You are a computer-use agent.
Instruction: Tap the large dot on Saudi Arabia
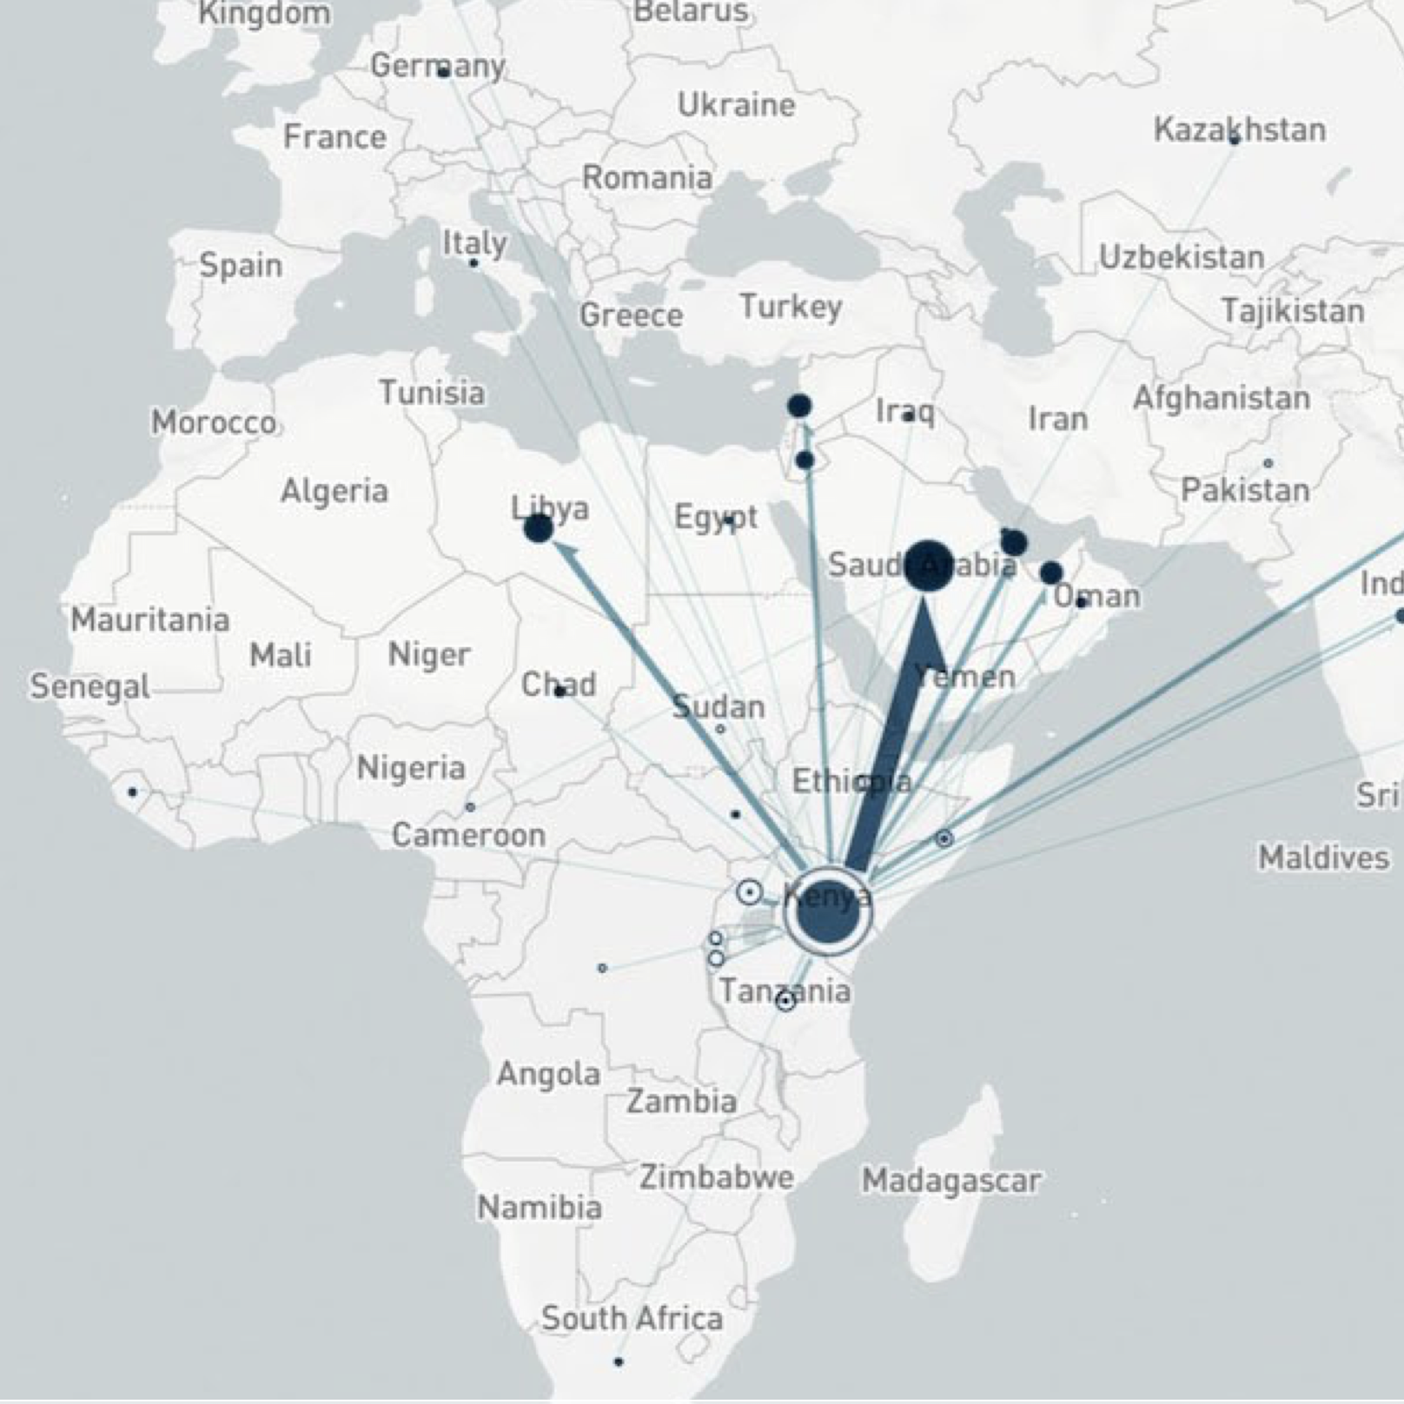928,566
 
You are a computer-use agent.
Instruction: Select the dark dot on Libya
539,527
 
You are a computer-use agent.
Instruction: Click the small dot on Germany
443,73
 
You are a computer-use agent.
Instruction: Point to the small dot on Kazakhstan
1234,140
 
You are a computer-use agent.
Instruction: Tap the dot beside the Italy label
474,262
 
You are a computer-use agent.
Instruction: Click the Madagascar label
950,1181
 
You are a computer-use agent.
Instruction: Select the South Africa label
632,1319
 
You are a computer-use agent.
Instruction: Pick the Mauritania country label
150,620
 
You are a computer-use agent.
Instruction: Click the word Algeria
334,491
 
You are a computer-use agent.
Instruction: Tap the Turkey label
791,307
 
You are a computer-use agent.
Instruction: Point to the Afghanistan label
1221,399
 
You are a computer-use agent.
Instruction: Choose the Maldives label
1323,858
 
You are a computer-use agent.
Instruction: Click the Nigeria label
411,768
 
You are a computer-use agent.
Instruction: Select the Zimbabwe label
717,1177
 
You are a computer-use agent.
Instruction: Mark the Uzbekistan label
1182,257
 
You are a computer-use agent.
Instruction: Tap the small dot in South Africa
618,1361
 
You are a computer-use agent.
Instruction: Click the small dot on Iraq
908,416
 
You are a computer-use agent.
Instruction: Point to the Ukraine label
736,105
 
